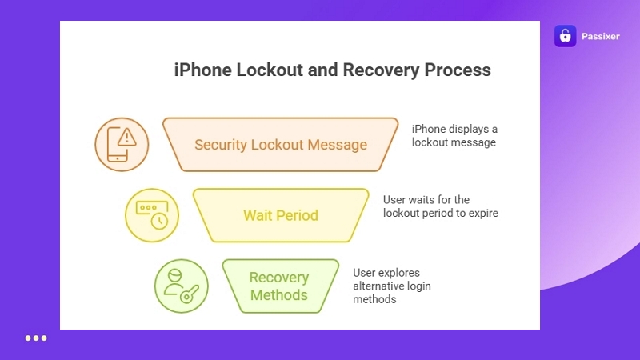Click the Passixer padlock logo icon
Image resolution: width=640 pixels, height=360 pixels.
tap(565, 36)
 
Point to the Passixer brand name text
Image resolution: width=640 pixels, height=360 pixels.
tap(600, 36)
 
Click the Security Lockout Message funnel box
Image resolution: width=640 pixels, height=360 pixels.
tap(280, 145)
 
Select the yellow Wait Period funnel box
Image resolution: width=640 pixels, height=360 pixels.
tap(280, 215)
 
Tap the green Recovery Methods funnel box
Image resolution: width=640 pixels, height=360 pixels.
tap(279, 286)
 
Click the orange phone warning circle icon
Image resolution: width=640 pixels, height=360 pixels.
tap(122, 145)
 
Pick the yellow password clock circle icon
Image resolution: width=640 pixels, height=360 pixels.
tap(152, 215)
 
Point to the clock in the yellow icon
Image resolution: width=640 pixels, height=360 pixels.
tap(159, 222)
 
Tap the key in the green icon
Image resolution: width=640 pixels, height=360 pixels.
tap(190, 295)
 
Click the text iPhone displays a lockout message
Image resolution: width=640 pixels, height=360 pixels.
tap(454, 135)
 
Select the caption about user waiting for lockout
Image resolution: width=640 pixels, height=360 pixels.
tap(440, 206)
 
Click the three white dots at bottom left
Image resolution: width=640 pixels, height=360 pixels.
tap(36, 338)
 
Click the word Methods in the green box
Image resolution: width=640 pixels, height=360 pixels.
tap(279, 295)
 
